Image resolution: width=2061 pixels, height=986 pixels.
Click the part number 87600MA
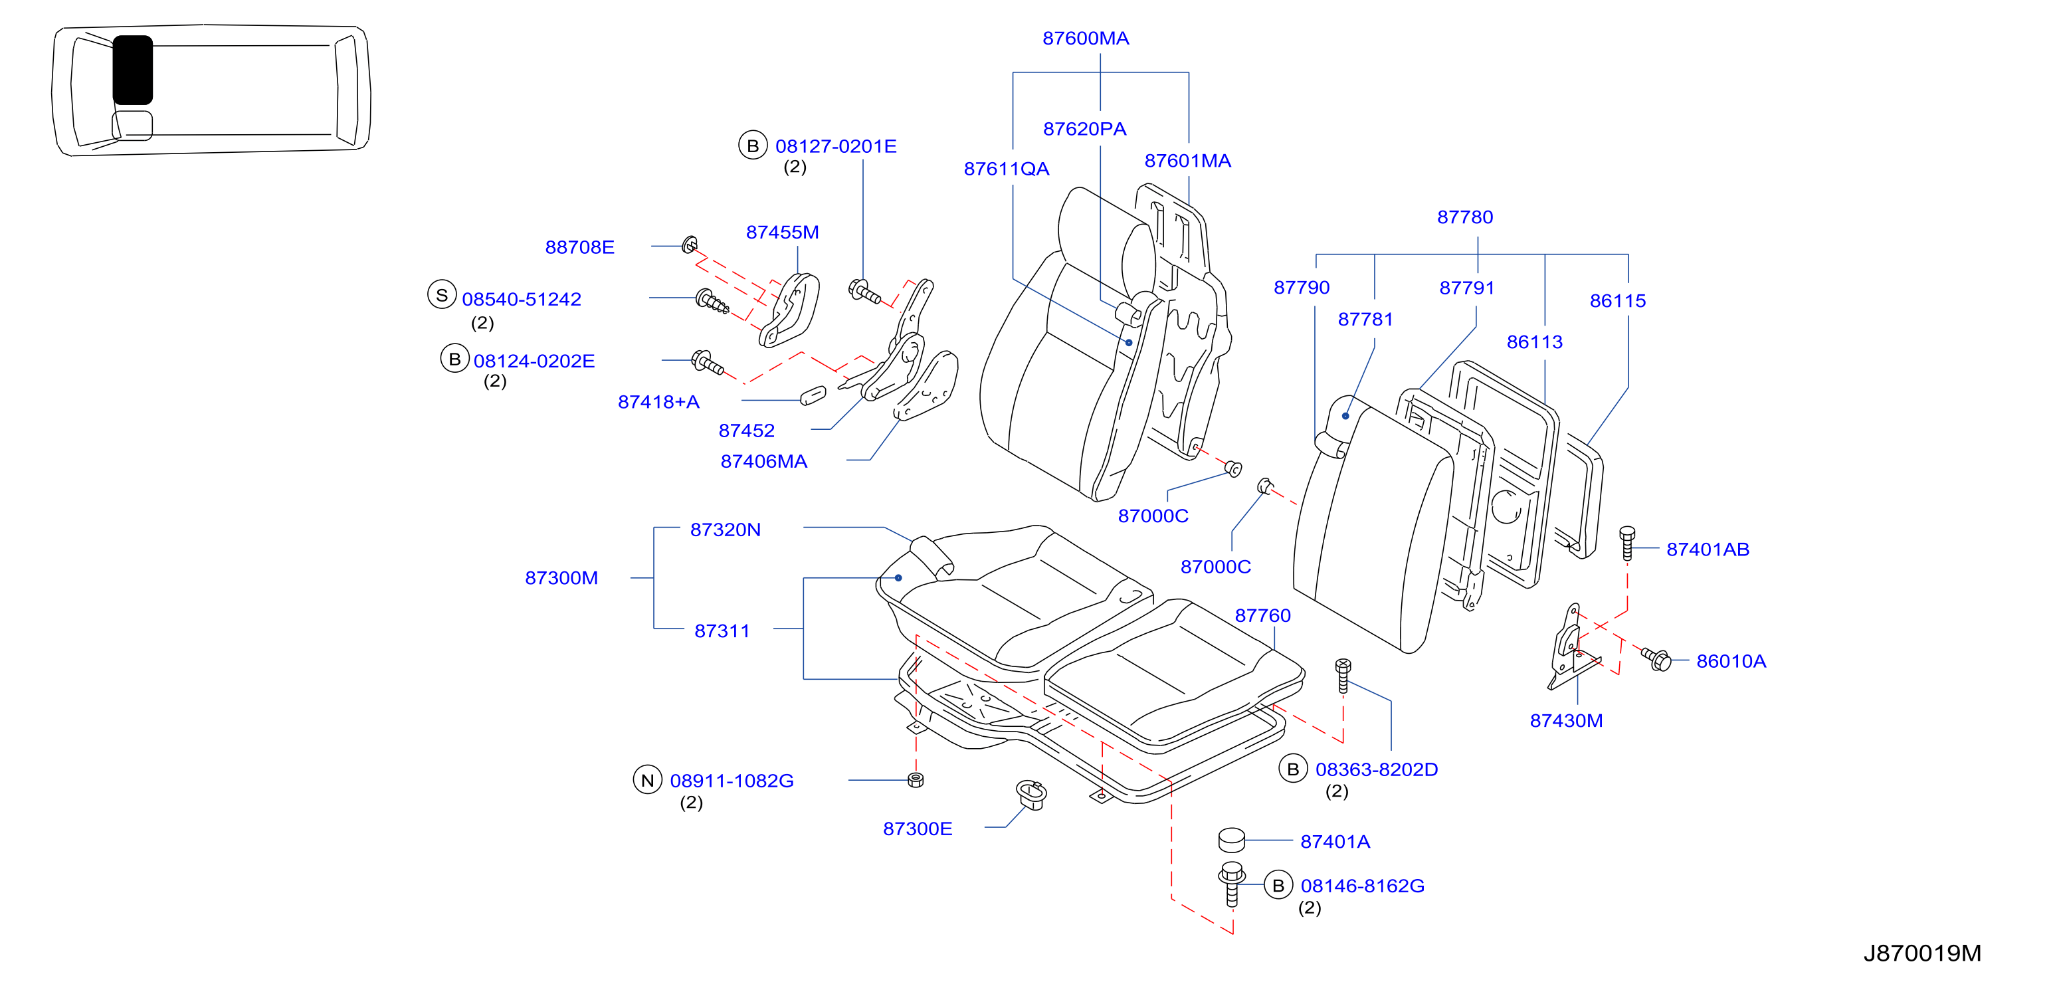[1085, 39]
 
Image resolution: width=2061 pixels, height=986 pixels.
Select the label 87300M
[561, 578]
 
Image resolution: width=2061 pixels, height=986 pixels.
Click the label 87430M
[1566, 720]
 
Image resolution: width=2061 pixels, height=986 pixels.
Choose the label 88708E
[579, 247]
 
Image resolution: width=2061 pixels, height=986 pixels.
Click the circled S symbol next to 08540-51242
[442, 294]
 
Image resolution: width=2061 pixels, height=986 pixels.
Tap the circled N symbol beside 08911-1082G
[647, 779]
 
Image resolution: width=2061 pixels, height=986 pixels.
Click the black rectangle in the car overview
[133, 70]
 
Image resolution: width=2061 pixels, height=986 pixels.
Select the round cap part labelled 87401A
[1231, 840]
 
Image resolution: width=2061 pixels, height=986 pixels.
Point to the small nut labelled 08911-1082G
[916, 779]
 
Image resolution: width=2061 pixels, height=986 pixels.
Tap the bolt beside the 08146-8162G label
[1231, 884]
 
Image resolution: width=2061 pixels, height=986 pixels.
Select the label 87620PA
[1084, 129]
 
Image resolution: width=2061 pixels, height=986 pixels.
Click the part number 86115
[1617, 301]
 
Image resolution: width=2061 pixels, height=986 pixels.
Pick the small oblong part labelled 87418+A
[813, 395]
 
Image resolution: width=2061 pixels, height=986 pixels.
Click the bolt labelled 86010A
[1655, 658]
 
